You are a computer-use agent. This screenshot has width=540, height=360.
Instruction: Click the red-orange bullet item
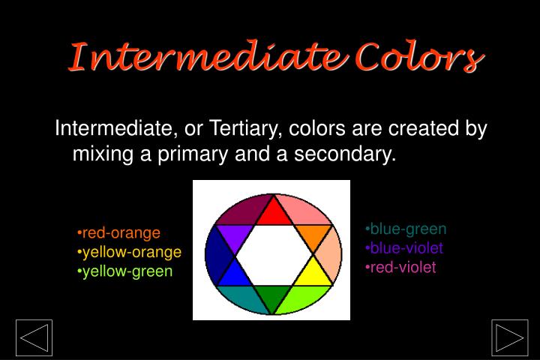coord(119,233)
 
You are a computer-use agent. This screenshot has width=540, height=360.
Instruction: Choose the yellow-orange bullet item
coord(130,251)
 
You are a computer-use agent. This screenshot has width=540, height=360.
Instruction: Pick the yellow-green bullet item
coord(125,270)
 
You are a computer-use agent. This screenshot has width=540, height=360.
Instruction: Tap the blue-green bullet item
coord(406,229)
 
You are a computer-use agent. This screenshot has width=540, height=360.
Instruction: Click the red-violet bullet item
coord(400,267)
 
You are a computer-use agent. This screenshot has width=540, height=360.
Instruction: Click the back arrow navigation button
coord(34,337)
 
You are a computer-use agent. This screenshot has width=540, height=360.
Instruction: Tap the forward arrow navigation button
coord(510,337)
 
